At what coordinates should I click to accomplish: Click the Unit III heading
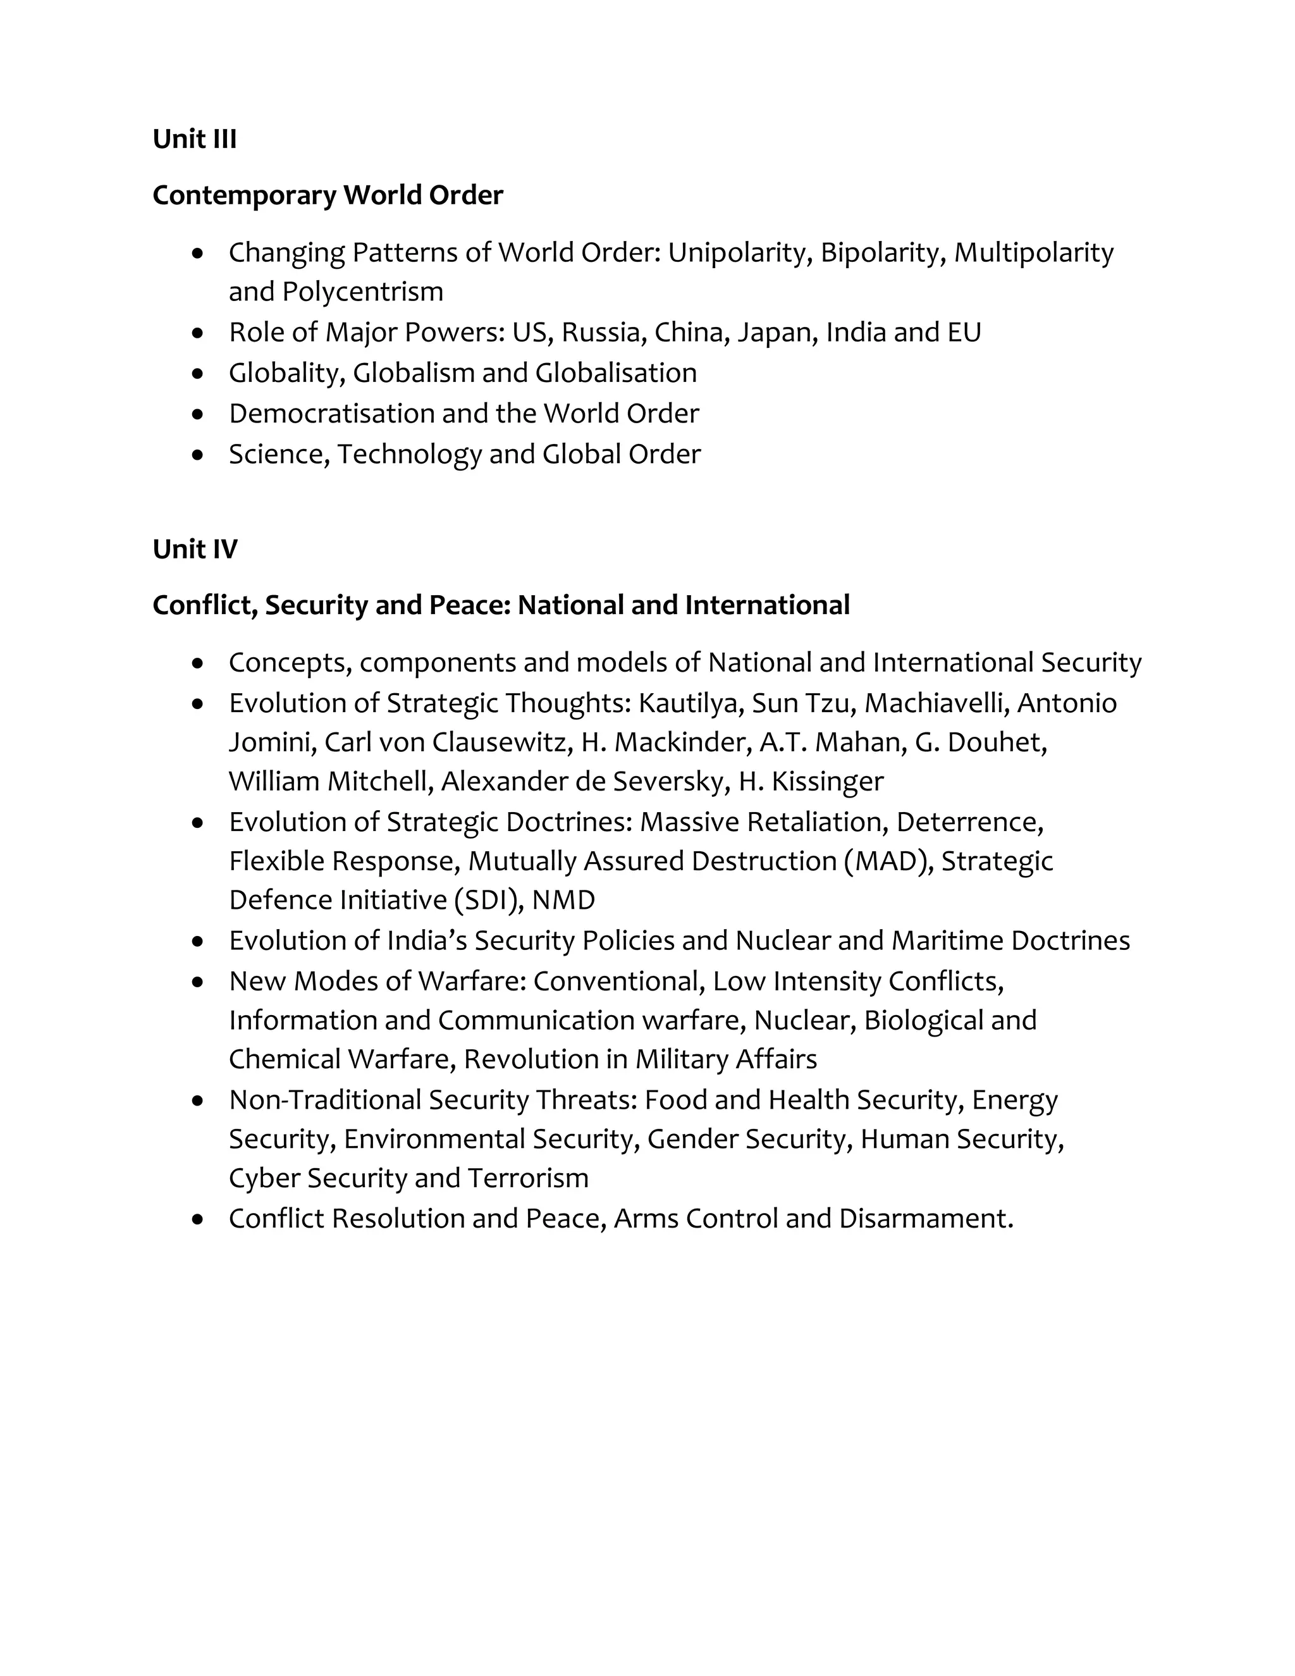click(194, 139)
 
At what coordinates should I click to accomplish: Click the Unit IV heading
click(195, 549)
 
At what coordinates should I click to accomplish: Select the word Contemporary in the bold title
click(244, 195)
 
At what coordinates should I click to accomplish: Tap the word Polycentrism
click(362, 292)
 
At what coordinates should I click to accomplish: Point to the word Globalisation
click(615, 373)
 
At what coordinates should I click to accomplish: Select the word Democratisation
click(331, 414)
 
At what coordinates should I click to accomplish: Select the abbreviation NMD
click(563, 900)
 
